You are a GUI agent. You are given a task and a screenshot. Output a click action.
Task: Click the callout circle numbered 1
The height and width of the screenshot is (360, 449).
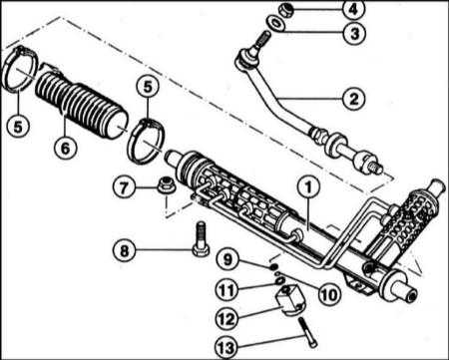pyautogui.click(x=308, y=187)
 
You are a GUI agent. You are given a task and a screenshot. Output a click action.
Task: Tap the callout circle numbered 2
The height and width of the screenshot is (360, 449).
pyautogui.click(x=354, y=99)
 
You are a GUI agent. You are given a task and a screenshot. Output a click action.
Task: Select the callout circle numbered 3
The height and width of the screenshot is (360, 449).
pyautogui.click(x=354, y=33)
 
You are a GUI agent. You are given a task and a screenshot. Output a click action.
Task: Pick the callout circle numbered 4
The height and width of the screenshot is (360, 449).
pyautogui.click(x=353, y=9)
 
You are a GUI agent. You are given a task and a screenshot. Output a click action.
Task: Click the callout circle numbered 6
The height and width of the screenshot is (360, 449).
pyautogui.click(x=65, y=147)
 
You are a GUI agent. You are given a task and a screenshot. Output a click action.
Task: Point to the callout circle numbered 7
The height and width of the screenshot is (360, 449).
pyautogui.click(x=124, y=187)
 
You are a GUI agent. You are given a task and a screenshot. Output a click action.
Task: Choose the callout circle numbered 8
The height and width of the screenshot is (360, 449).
pyautogui.click(x=124, y=250)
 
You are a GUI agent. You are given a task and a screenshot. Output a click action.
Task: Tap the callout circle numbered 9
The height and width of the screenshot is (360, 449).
pyautogui.click(x=227, y=259)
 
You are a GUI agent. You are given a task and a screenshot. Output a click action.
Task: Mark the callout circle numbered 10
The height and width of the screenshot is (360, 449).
pyautogui.click(x=329, y=293)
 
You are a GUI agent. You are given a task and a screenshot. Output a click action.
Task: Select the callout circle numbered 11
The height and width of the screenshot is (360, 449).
pyautogui.click(x=226, y=289)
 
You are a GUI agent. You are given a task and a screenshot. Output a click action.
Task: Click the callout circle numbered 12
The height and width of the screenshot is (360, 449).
pyautogui.click(x=226, y=319)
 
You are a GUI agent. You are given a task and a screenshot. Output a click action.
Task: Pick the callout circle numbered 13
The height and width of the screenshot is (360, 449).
pyautogui.click(x=226, y=348)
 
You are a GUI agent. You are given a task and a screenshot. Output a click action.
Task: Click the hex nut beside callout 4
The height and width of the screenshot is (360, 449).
pyautogui.click(x=285, y=10)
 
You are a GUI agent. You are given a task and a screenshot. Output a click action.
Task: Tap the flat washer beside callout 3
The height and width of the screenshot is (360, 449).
pyautogui.click(x=275, y=24)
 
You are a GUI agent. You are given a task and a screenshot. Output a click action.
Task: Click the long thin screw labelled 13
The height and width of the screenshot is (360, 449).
pyautogui.click(x=308, y=332)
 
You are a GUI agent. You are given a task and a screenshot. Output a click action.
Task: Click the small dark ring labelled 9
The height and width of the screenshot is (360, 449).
pyautogui.click(x=274, y=266)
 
